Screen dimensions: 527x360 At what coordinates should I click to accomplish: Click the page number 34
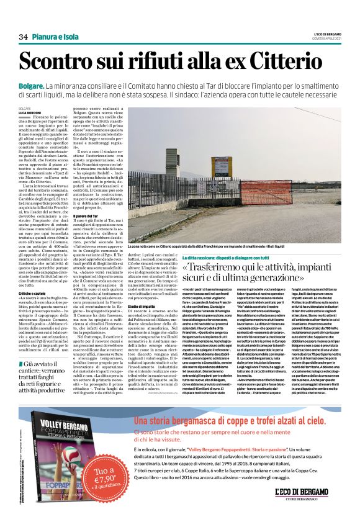24,37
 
